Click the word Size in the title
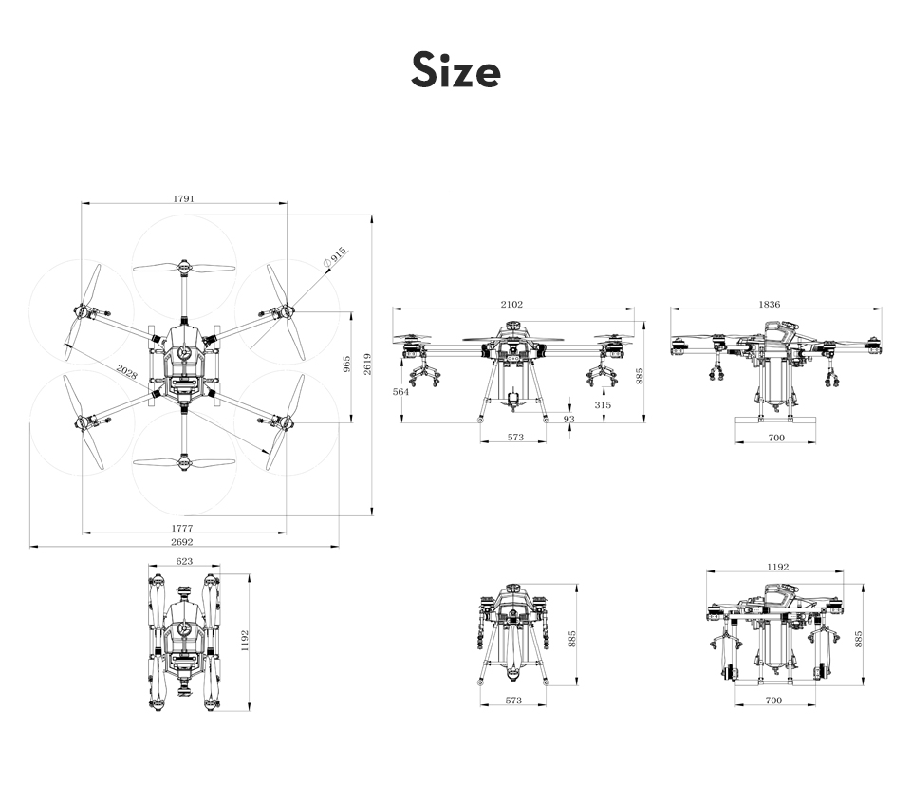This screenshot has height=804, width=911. tap(455, 70)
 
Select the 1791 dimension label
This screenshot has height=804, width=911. tap(183, 198)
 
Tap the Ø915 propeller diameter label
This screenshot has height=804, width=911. tap(335, 257)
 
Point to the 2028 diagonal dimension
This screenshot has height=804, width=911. tap(126, 371)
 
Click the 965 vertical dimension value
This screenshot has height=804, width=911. tap(347, 364)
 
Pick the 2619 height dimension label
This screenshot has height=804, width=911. tap(368, 364)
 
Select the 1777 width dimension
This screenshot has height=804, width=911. tap(182, 528)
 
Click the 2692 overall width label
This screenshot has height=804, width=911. tap(182, 542)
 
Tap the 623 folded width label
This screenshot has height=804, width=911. tap(184, 561)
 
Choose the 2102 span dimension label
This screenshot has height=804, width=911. tap(511, 304)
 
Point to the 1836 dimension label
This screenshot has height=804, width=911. tap(770, 304)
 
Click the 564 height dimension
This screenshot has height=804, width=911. tap(400, 392)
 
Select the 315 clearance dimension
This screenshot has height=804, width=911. tap(604, 405)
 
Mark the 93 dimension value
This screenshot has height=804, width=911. tap(568, 419)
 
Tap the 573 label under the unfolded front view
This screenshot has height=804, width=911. tap(515, 438)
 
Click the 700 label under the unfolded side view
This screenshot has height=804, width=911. tap(776, 438)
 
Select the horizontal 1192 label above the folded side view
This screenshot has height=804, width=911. tap(778, 567)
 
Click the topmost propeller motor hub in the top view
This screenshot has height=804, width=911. tap(184, 268)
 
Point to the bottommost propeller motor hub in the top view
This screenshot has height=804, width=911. tap(184, 462)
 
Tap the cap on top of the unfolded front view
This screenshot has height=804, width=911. tap(512, 326)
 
